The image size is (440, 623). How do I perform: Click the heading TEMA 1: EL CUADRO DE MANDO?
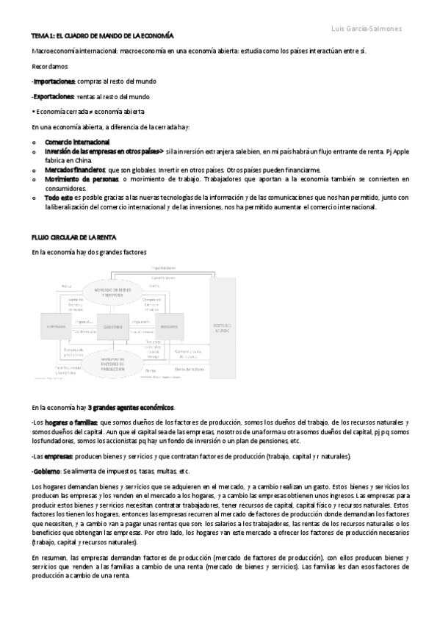pyautogui.click(x=102, y=35)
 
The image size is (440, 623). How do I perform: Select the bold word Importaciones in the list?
pyautogui.click(x=54, y=82)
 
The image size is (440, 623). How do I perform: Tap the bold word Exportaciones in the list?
pyautogui.click(x=54, y=96)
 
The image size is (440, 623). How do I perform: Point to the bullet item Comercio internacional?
pyautogui.click(x=77, y=142)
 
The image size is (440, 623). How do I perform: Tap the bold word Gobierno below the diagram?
pyautogui.click(x=46, y=471)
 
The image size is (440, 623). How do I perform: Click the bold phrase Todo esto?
pyautogui.click(x=58, y=198)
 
